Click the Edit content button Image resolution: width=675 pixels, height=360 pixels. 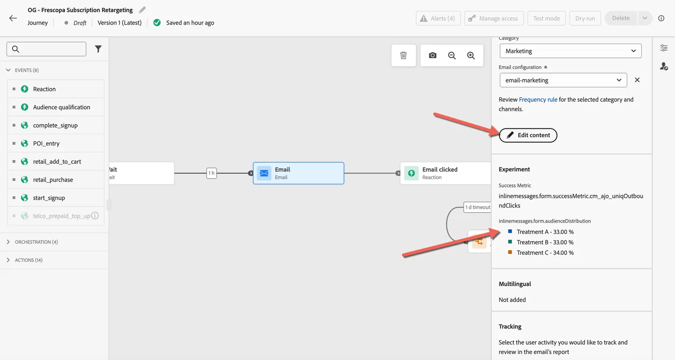coord(528,135)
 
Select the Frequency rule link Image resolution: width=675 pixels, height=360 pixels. coord(538,99)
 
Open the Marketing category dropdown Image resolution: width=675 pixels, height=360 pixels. coord(570,51)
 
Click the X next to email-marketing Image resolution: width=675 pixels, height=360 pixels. coord(637,80)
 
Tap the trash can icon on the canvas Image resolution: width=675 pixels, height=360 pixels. coord(403,55)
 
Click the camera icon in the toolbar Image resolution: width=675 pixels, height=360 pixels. coord(432,55)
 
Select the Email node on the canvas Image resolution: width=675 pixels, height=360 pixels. coord(298,173)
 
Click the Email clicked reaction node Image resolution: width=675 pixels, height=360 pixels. coord(445,173)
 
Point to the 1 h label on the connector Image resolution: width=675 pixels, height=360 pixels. coord(211,173)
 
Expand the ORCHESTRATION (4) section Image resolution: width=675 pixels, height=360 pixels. coord(36,242)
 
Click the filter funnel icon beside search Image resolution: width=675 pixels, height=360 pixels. coord(98,49)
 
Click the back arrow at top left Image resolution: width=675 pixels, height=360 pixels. coord(13,18)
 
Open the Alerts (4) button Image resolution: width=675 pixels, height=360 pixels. coord(438,19)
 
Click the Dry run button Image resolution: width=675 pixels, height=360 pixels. coord(585,19)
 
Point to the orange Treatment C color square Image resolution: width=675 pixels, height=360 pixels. coord(510,252)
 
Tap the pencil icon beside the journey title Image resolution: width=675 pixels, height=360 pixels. coord(142,10)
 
